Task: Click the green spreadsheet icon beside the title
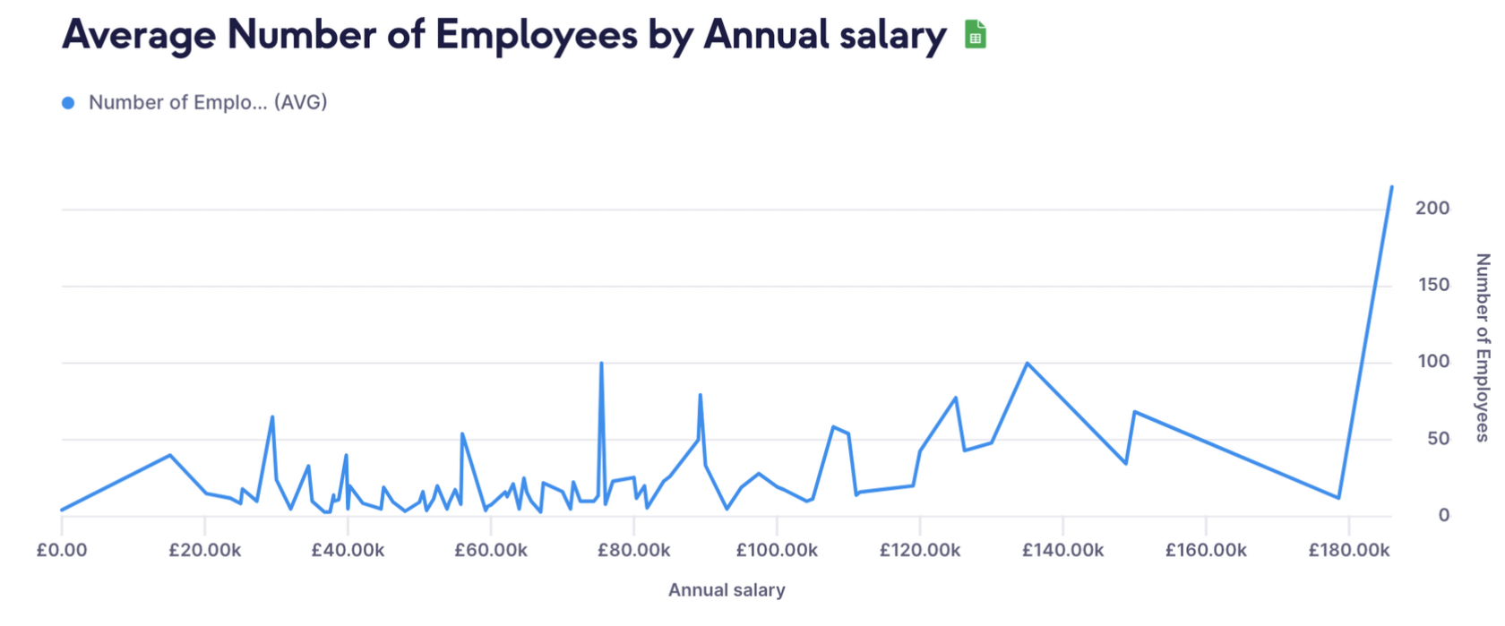coord(976,35)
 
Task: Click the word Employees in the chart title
coord(537,36)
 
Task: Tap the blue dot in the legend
coord(68,103)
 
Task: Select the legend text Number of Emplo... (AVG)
coord(208,103)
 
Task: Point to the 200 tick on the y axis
coord(1432,208)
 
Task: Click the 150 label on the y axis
coord(1432,285)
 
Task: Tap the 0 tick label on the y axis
coord(1443,515)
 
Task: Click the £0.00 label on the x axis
coord(62,550)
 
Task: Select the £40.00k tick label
coord(348,550)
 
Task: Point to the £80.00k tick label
coord(633,550)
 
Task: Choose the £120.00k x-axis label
coord(920,550)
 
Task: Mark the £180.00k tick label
coord(1348,550)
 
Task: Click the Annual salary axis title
coord(727,590)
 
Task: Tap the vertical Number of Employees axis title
coord(1483,347)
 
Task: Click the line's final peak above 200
coord(1391,187)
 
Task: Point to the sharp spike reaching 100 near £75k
coord(601,364)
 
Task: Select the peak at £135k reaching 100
coord(1028,364)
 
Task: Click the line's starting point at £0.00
coord(62,510)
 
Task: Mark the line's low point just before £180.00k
coord(1338,497)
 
